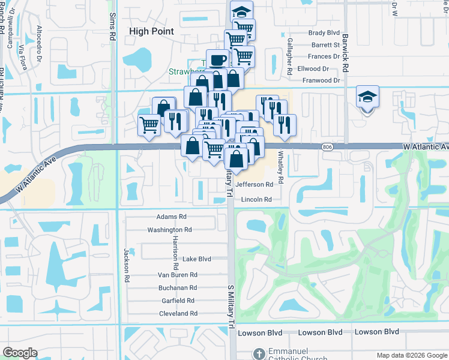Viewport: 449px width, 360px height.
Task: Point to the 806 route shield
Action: click(327, 146)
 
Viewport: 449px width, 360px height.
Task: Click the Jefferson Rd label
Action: click(258, 185)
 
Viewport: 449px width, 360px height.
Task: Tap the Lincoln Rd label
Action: click(256, 200)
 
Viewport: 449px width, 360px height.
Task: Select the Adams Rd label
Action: click(172, 217)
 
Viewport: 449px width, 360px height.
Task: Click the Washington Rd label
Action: click(169, 230)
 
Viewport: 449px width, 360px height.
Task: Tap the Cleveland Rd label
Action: click(178, 314)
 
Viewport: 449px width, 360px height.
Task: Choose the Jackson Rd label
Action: click(127, 265)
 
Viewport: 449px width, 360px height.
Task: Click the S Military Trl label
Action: click(230, 306)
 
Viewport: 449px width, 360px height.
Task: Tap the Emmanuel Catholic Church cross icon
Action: click(259, 353)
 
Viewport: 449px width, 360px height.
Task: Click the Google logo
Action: click(20, 353)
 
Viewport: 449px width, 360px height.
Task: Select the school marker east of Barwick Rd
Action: click(367, 96)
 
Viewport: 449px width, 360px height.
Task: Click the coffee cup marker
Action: click(217, 60)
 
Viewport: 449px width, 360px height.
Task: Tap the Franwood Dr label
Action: click(321, 80)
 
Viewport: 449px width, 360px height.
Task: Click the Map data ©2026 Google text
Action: click(412, 355)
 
